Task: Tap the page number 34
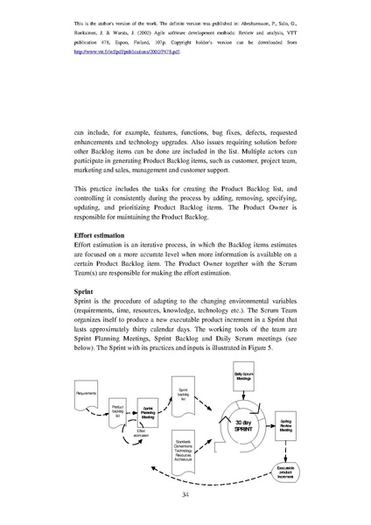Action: click(x=185, y=495)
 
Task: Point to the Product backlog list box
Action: click(x=117, y=411)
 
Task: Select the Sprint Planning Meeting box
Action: click(x=148, y=412)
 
